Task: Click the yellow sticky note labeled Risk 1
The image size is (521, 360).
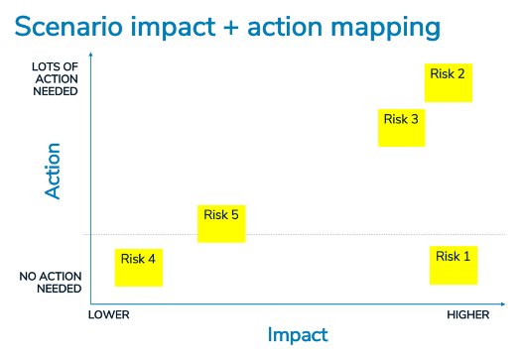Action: coord(454,265)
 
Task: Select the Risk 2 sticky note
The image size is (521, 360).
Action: coord(448,82)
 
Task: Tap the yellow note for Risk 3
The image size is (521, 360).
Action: coord(402,128)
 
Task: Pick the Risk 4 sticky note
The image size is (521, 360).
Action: coord(139,268)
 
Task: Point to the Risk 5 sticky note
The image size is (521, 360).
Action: coord(221,223)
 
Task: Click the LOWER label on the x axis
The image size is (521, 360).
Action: coord(109,314)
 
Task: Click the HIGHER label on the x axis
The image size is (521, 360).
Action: coord(467,314)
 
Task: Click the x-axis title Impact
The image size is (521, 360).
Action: coord(298,335)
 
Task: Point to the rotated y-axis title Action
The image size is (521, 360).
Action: coord(54,172)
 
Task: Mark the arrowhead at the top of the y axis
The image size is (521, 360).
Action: coord(90,62)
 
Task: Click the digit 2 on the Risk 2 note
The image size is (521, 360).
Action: coord(461,72)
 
